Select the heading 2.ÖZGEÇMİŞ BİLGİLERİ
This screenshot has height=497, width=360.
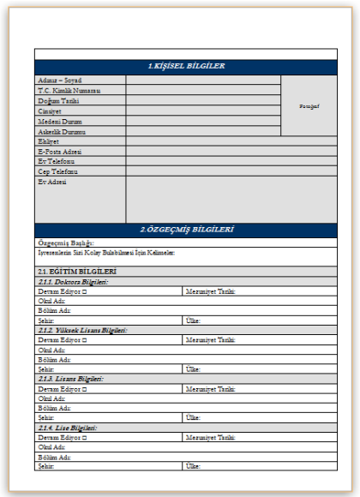(x=187, y=230)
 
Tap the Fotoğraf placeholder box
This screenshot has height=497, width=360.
(x=309, y=106)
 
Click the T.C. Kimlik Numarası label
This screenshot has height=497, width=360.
(x=69, y=90)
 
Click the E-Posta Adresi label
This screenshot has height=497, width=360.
(x=60, y=151)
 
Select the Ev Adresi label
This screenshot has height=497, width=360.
(x=52, y=181)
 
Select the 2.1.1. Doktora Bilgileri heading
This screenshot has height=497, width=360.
(x=74, y=281)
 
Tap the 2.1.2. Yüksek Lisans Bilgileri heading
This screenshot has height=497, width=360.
(x=82, y=330)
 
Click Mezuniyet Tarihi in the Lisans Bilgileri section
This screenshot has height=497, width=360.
(x=211, y=389)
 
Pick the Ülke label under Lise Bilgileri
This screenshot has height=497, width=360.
(x=194, y=466)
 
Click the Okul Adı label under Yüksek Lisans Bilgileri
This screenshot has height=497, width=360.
(x=52, y=350)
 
